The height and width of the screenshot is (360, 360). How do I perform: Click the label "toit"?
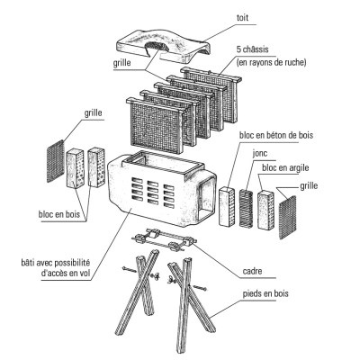tap(242, 18)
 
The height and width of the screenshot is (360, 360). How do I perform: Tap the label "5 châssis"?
tap(252, 49)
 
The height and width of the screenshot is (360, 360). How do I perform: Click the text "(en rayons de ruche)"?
tap(271, 63)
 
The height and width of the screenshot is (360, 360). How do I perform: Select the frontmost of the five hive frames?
tap(156, 124)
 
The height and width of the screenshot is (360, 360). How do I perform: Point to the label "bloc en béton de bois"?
tap(276, 135)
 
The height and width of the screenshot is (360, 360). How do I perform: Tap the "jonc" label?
tap(260, 154)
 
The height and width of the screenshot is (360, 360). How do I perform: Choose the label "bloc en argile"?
tap(285, 167)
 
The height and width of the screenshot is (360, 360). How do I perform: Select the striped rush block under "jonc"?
tap(247, 208)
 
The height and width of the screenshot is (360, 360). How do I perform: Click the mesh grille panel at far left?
tap(56, 161)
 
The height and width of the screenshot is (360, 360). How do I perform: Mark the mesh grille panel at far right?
tap(288, 217)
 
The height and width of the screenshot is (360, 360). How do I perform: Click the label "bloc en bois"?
tap(59, 214)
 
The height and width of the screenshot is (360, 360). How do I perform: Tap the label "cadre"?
tap(252, 271)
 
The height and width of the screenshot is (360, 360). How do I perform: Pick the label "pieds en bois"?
tap(265, 293)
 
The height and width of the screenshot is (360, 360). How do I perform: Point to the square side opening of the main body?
tap(207, 200)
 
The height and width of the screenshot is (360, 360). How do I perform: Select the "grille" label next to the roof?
tap(121, 63)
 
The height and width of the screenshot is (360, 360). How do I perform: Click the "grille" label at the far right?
tap(309, 186)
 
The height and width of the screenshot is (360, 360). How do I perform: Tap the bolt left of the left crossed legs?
tap(129, 269)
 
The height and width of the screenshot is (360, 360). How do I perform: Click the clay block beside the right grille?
tap(265, 211)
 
